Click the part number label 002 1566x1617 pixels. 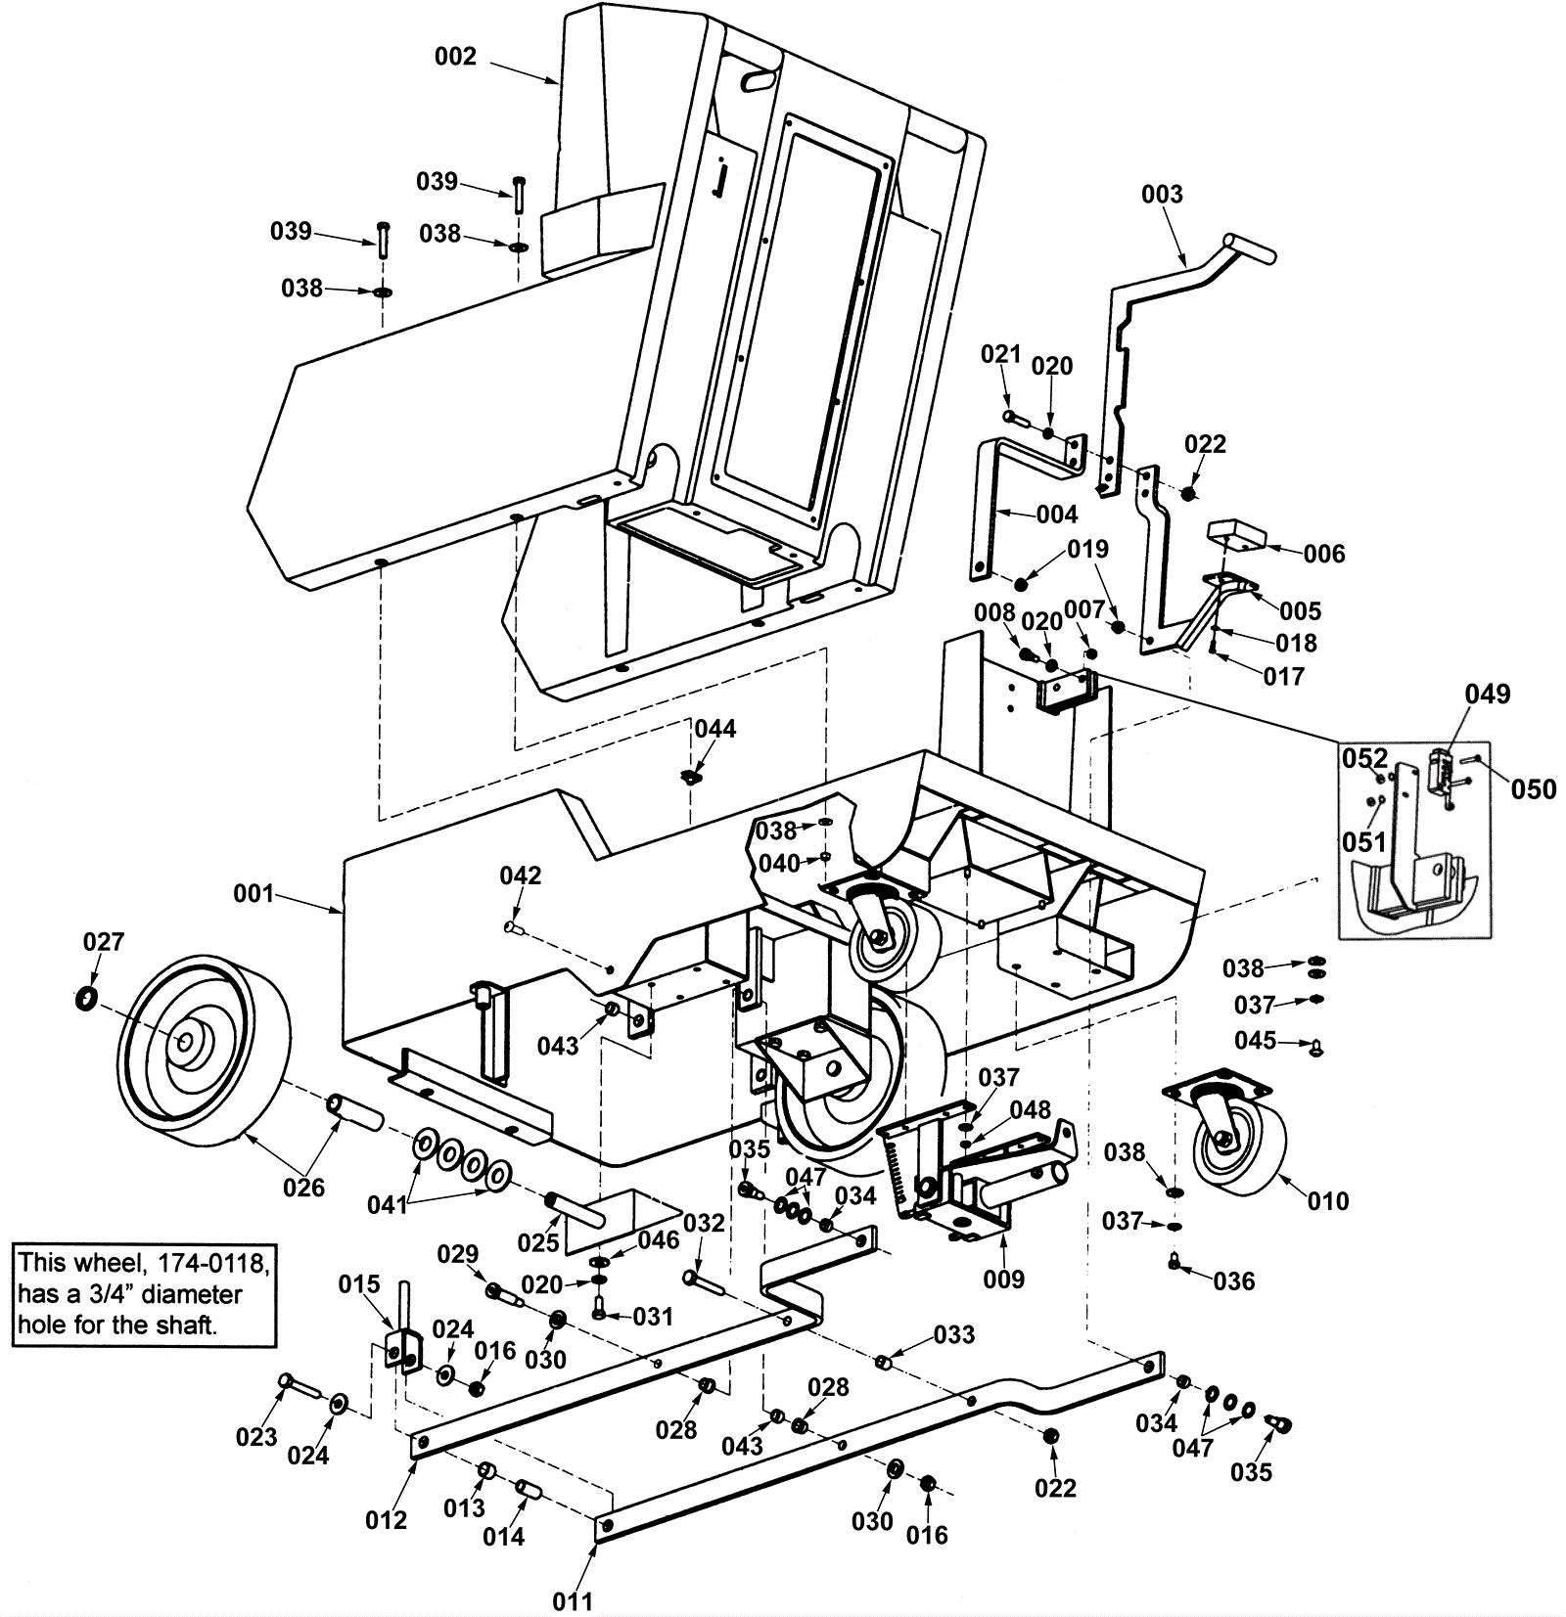pyautogui.click(x=455, y=57)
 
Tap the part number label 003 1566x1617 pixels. pyautogui.click(x=1162, y=195)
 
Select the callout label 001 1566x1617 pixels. pyautogui.click(x=253, y=894)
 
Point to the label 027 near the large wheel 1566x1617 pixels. pyautogui.click(x=103, y=942)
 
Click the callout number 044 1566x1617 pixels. pyautogui.click(x=715, y=729)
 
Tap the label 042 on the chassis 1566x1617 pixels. pyautogui.click(x=520, y=876)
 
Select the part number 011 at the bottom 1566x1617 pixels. pyautogui.click(x=573, y=1602)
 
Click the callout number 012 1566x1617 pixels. pyautogui.click(x=386, y=1520)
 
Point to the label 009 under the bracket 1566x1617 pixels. pyautogui.click(x=1003, y=1279)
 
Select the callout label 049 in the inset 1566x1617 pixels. pyautogui.click(x=1488, y=695)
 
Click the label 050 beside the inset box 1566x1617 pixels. pyautogui.click(x=1534, y=789)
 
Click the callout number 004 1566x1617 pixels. pyautogui.click(x=1057, y=515)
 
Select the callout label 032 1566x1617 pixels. pyautogui.click(x=704, y=1224)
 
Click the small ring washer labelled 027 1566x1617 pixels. pyautogui.click(x=86, y=999)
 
